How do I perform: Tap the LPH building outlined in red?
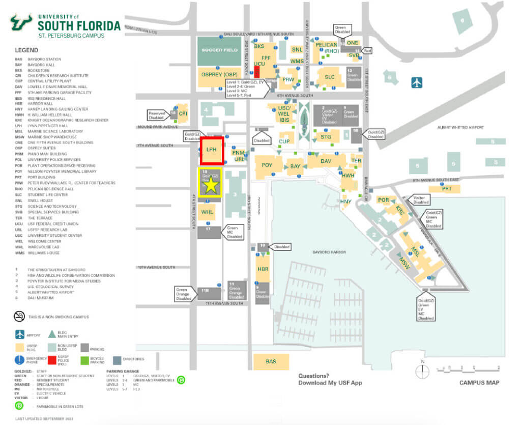[212, 150]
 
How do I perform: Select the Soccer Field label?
[219, 50]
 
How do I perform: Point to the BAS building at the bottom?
[271, 361]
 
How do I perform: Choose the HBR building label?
[263, 269]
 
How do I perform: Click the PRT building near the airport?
[447, 189]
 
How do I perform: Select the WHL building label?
[207, 212]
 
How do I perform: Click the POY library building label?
[267, 165]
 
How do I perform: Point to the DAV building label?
[326, 161]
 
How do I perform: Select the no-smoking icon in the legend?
[19, 317]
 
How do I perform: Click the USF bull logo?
[22, 23]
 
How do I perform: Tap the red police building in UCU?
[257, 72]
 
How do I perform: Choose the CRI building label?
[183, 114]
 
